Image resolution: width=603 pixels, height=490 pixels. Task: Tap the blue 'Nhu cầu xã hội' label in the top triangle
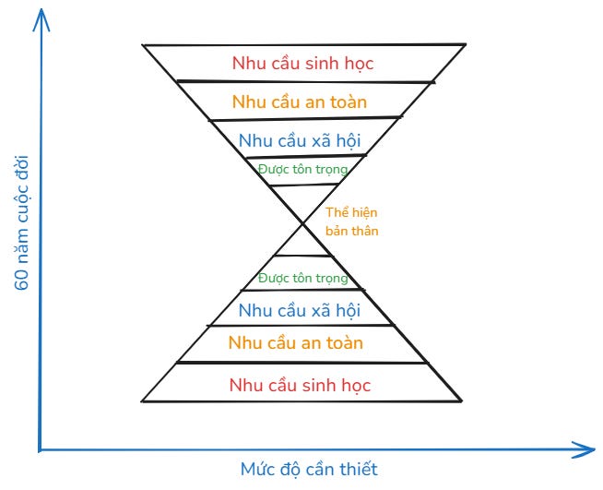299,141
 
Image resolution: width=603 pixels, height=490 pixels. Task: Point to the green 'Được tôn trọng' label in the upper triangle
303,169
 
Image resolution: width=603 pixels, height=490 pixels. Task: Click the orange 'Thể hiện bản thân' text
351,221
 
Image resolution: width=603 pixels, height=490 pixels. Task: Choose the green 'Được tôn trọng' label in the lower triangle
303,279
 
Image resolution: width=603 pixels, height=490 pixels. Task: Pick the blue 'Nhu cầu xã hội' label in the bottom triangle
299,310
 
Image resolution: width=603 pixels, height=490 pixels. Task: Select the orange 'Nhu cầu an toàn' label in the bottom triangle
296,343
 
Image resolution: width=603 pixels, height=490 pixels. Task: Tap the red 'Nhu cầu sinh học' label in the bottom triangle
300,385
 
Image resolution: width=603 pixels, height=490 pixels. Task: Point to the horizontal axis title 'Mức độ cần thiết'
309,469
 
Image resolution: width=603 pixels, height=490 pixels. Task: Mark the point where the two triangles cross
302,222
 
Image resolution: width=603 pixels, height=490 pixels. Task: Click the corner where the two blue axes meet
41,449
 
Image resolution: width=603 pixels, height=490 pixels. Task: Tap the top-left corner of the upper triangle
143,44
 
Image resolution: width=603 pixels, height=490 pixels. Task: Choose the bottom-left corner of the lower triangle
142,400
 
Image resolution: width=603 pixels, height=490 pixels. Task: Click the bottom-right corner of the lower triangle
461,400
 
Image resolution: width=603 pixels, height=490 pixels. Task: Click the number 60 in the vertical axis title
23,279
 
